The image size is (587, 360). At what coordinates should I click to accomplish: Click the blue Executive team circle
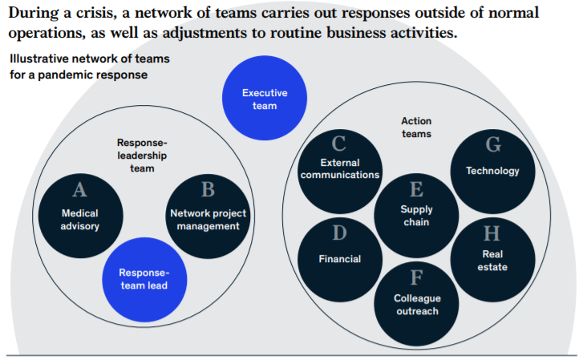click(x=264, y=99)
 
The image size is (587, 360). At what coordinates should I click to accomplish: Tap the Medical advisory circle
click(x=79, y=213)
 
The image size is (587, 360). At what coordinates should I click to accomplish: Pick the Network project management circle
click(x=208, y=213)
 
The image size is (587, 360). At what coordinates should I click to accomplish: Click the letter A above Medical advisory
click(x=79, y=191)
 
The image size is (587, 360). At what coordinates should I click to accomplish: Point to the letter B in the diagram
click(x=208, y=190)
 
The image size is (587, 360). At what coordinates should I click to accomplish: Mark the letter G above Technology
click(x=492, y=145)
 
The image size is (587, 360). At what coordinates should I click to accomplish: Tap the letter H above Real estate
click(x=492, y=234)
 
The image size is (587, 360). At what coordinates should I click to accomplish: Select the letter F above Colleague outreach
click(x=416, y=278)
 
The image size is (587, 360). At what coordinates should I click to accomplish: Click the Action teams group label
click(x=416, y=127)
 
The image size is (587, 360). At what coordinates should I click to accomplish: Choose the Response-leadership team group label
click(x=142, y=156)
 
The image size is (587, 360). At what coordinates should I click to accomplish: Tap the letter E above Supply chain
click(x=416, y=190)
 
